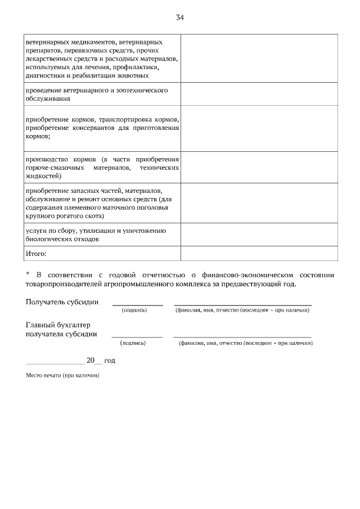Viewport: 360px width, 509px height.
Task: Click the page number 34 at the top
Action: coord(180,17)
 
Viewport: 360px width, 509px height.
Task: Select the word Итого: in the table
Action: coord(36,254)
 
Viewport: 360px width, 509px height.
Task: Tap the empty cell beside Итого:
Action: coord(259,254)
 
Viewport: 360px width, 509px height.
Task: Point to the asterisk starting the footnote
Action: coord(28,274)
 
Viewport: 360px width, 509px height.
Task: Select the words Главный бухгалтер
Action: coord(58,325)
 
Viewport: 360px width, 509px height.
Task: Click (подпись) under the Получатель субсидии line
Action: coord(134,310)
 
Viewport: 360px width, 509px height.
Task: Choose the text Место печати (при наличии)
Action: coord(62,375)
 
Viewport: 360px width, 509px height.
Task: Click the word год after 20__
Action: coord(110,360)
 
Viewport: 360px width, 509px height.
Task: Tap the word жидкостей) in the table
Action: coord(44,176)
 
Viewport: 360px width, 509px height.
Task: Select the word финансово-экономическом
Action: coord(247,274)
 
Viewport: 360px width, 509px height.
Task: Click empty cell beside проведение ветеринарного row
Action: coord(259,94)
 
